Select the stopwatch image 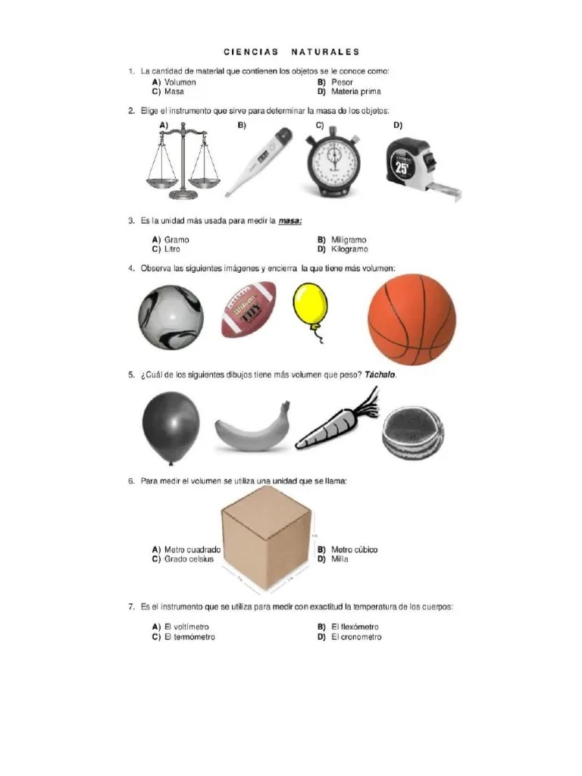(x=333, y=164)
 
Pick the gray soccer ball (x=171, y=318)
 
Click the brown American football (x=249, y=309)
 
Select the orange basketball (x=411, y=320)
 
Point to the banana (x=252, y=430)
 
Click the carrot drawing (x=336, y=421)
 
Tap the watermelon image (x=413, y=433)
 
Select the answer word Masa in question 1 (x=174, y=92)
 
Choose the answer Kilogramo (x=349, y=249)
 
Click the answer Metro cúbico (x=355, y=549)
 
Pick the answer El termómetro (x=189, y=637)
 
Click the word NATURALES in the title (x=325, y=52)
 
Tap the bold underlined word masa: (x=290, y=221)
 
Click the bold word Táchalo (x=380, y=374)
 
